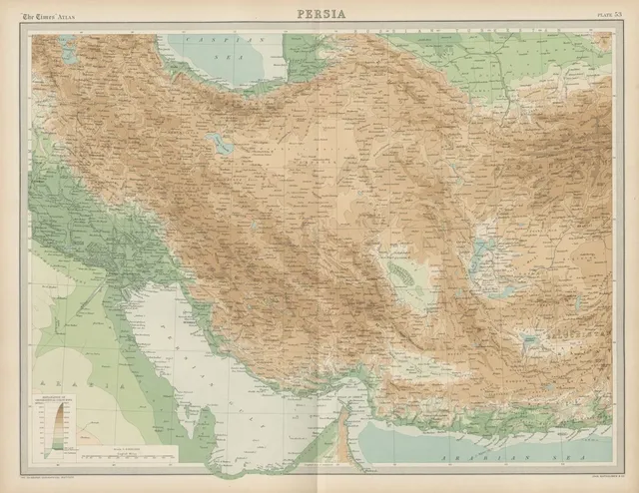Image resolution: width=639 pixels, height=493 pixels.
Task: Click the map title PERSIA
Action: [x=319, y=13]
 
